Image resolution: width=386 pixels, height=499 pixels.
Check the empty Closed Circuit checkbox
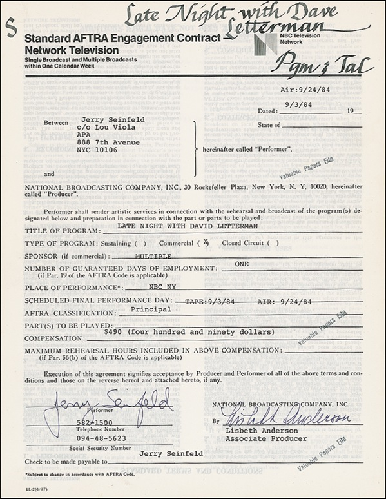tap(273, 243)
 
